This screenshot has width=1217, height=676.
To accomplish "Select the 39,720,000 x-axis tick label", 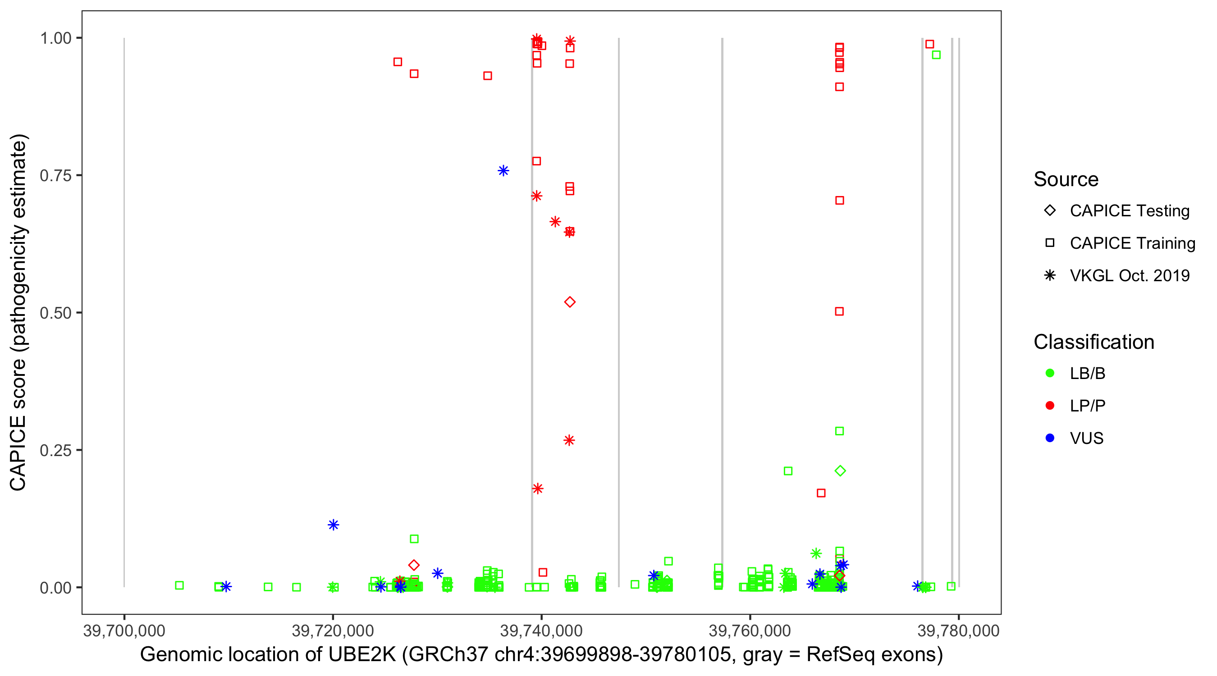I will point(333,630).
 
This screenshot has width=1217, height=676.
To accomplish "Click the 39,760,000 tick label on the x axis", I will point(750,630).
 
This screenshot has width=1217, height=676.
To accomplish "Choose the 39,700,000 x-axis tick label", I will point(124,630).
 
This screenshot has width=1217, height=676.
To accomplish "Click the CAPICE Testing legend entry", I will point(1129,211).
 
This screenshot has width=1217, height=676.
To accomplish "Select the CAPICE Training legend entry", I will point(1132,243).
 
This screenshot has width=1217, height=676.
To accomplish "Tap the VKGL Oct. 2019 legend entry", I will point(1129,276).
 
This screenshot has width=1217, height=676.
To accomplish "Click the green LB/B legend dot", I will point(1050,373).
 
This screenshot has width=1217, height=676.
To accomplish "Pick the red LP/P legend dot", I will point(1050,406).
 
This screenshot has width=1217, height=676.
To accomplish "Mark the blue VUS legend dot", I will point(1050,438).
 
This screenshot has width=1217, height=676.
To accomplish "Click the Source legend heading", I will point(1066,179).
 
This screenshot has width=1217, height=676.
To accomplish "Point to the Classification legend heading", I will point(1093,342).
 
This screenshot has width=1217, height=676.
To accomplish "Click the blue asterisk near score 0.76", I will point(503,170).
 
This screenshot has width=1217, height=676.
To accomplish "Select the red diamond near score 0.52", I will point(570,302).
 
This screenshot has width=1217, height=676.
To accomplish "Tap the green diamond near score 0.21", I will point(840,470).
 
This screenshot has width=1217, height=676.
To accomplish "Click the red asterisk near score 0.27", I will point(569,440).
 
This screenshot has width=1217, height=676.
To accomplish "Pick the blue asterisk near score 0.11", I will point(333,525).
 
